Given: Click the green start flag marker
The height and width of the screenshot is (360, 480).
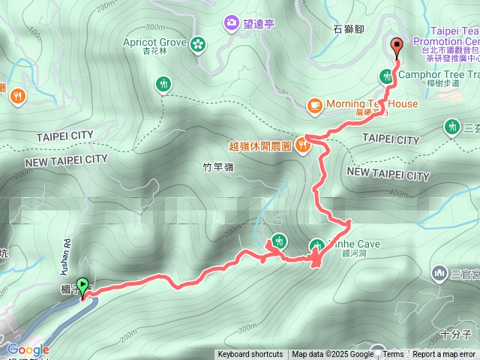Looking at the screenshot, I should point(82,285).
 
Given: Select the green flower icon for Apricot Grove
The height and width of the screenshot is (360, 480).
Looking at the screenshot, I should point(198,43).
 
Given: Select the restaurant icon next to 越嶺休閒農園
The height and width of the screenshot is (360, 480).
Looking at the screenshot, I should point(302,143).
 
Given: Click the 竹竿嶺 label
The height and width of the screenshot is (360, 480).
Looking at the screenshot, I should point(219,166).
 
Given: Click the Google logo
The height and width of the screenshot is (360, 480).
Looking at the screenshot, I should point(28,349).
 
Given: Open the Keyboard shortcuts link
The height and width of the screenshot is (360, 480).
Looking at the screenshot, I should point(250,355).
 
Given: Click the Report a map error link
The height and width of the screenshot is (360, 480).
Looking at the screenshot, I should point(443,355).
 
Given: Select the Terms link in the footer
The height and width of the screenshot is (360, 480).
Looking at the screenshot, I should point(393,355).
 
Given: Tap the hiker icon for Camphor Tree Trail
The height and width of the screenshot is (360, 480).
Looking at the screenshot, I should point(387,75).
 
